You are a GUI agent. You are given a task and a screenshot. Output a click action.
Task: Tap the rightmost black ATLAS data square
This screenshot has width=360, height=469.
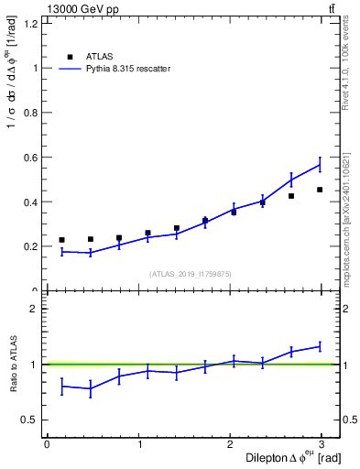coord(320,190)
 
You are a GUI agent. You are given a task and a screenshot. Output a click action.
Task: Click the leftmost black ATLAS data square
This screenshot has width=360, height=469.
coord(61,240)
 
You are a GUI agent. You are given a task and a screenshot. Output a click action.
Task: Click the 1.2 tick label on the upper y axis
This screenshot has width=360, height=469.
coord(32,23)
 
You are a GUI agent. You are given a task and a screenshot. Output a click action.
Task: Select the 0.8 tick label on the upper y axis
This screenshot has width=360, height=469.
coord(32,113)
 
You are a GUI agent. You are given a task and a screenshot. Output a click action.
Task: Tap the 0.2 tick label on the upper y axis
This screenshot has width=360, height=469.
coord(32,246)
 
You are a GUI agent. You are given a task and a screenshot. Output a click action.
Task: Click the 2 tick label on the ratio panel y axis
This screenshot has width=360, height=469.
coord(37,309)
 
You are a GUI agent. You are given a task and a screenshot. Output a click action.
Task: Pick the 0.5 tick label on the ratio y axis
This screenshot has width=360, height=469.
coord(32,420)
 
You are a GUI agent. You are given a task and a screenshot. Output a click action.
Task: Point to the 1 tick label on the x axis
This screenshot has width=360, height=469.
coord(139,444)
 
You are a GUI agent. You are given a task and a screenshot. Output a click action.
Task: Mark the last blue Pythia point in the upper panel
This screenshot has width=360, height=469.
coord(320,165)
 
